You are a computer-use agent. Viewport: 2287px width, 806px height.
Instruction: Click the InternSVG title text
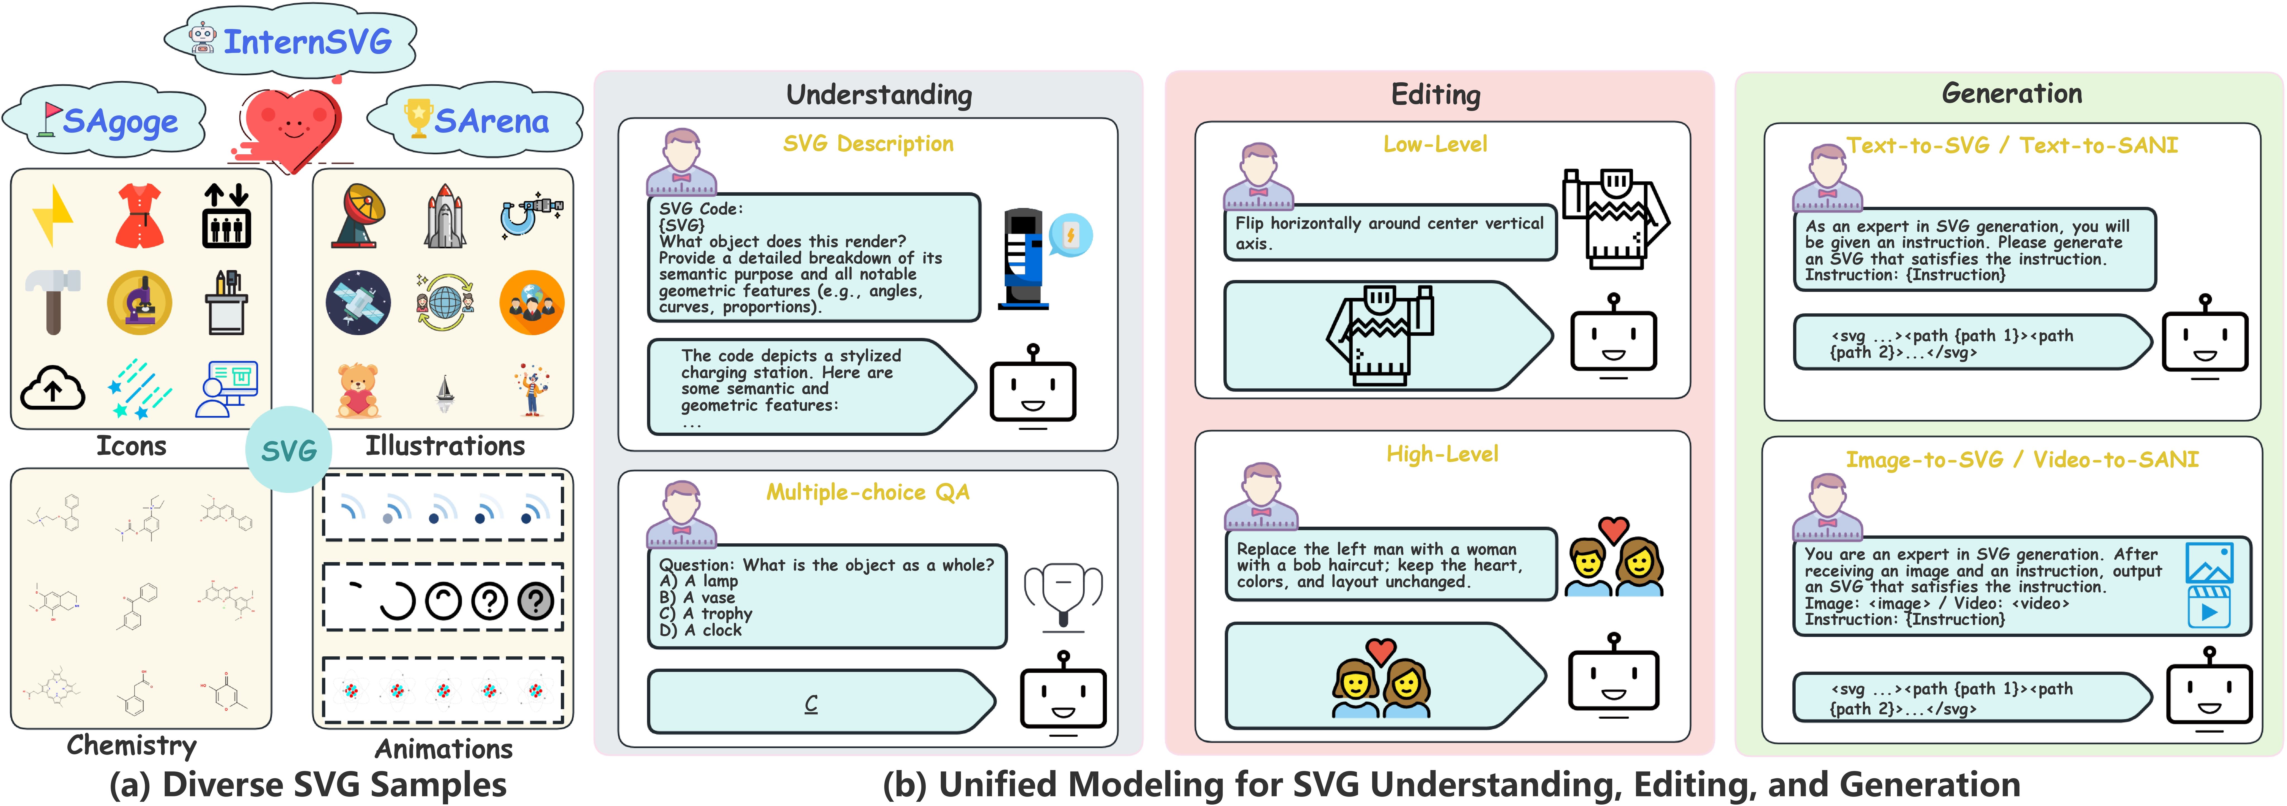pos(307,42)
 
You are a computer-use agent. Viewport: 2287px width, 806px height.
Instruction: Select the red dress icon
pos(139,216)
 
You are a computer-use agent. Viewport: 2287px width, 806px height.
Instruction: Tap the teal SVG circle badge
pos(289,450)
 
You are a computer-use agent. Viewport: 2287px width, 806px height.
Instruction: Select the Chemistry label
pos(131,745)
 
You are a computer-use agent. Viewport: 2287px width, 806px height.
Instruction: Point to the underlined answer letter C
pos(810,703)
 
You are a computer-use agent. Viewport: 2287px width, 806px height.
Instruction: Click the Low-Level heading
pos(1435,144)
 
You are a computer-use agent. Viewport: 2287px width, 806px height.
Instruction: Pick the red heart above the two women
pos(1381,651)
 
